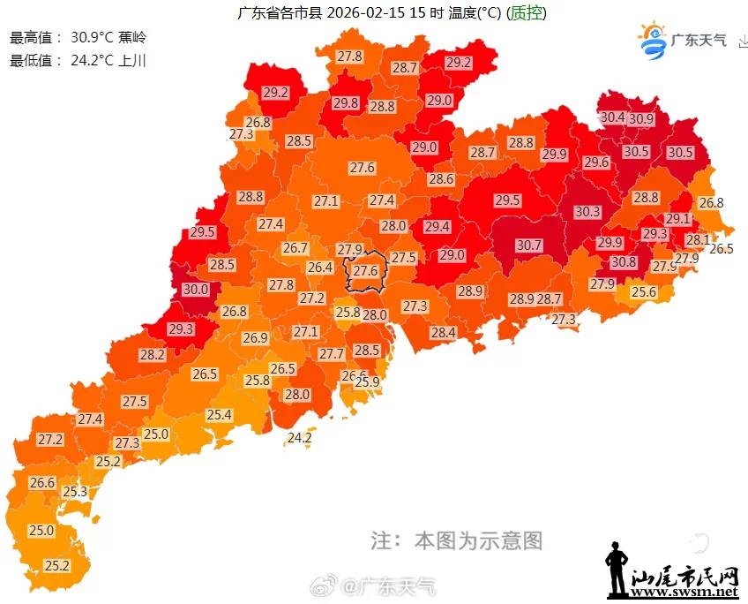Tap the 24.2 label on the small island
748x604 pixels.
(x=300, y=437)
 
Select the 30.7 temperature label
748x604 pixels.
(x=529, y=245)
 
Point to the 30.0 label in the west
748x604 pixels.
(x=195, y=289)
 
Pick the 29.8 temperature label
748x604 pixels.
(x=346, y=102)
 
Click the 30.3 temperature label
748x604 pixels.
(x=587, y=211)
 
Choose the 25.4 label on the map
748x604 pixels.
(x=219, y=414)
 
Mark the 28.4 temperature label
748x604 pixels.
(x=443, y=332)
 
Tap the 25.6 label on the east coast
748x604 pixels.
(x=644, y=292)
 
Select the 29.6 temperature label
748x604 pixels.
(x=596, y=162)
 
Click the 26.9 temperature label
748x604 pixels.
(x=255, y=337)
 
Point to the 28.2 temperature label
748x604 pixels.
(x=153, y=354)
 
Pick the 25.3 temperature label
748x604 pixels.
(x=75, y=491)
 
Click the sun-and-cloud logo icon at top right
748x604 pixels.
(x=654, y=40)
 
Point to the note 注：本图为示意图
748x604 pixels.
(x=456, y=540)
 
